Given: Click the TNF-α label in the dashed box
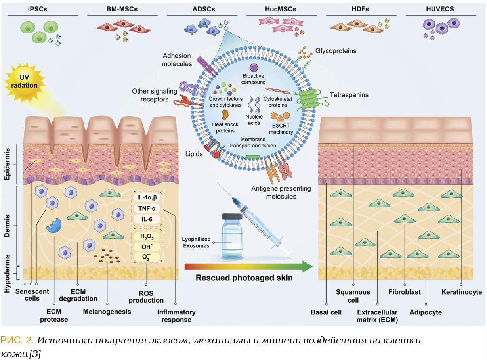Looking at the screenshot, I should pyautogui.click(x=146, y=208).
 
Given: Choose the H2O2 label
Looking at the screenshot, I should pyautogui.click(x=146, y=236).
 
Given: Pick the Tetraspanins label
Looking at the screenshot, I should pyautogui.click(x=349, y=95).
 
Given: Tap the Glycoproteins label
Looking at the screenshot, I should pyautogui.click(x=336, y=51).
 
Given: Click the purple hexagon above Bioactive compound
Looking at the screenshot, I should pyautogui.click(x=254, y=68).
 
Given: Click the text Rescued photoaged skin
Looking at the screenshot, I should pyautogui.click(x=244, y=278).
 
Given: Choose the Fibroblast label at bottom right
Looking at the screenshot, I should pyautogui.click(x=405, y=292).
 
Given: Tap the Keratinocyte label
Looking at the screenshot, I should pyautogui.click(x=461, y=292).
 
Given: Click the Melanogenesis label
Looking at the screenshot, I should pyautogui.click(x=107, y=311).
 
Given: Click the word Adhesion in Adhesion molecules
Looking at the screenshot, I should pyautogui.click(x=176, y=56).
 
